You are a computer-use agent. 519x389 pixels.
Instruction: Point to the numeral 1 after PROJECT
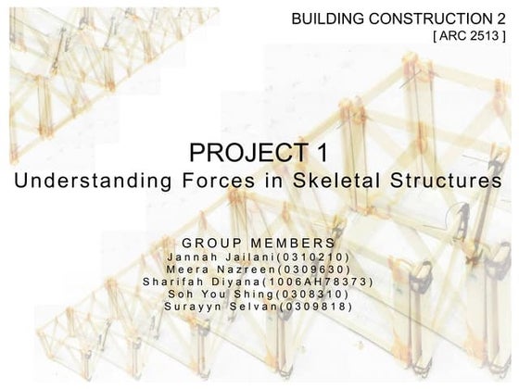click(322, 151)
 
